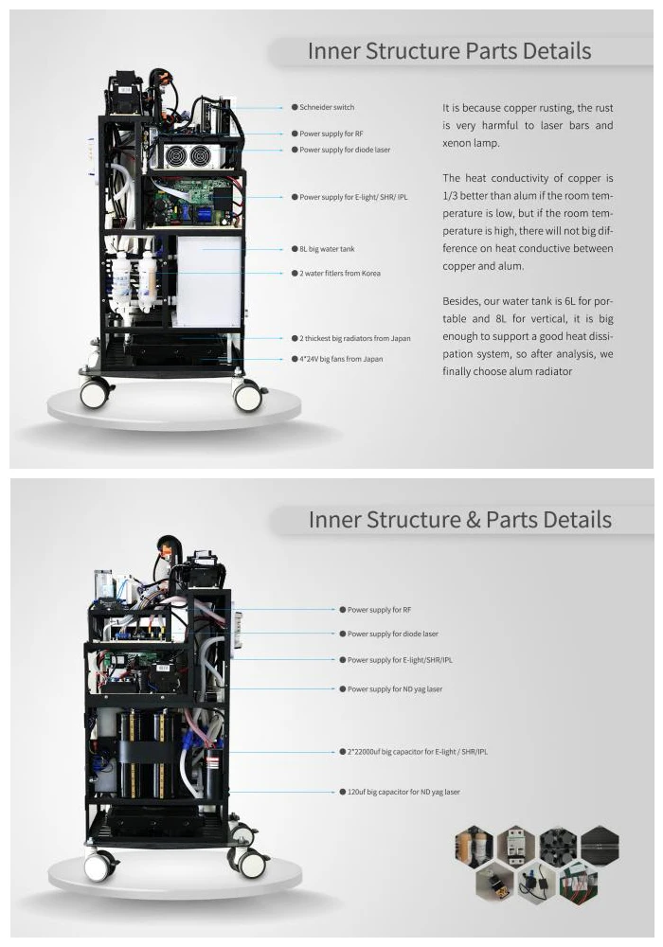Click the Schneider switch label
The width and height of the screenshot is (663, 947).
point(327,108)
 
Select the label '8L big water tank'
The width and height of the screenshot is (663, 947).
point(327,249)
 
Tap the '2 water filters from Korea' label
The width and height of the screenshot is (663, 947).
point(340,274)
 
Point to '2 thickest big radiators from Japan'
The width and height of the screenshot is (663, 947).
point(355,338)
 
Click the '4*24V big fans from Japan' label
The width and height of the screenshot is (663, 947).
point(341,360)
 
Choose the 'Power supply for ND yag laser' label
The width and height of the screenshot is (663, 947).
point(394,689)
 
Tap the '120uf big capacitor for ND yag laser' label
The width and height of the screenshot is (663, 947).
point(403,792)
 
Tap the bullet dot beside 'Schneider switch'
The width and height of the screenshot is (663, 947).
point(295,108)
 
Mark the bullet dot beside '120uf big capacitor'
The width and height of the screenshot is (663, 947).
point(341,792)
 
